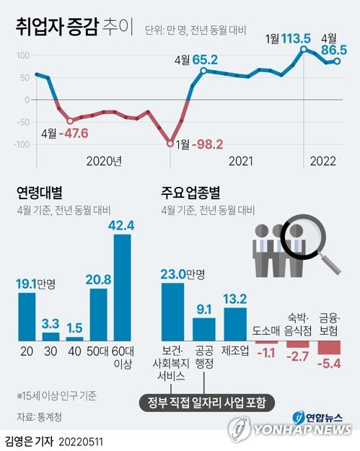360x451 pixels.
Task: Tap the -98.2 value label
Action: tap(206, 144)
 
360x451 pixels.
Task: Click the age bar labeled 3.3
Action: tap(51, 336)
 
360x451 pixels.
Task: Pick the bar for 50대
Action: tap(98, 314)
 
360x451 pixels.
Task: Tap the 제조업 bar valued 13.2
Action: tap(236, 324)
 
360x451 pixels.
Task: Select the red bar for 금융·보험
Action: tap(329, 347)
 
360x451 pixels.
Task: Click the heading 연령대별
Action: tap(39, 193)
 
